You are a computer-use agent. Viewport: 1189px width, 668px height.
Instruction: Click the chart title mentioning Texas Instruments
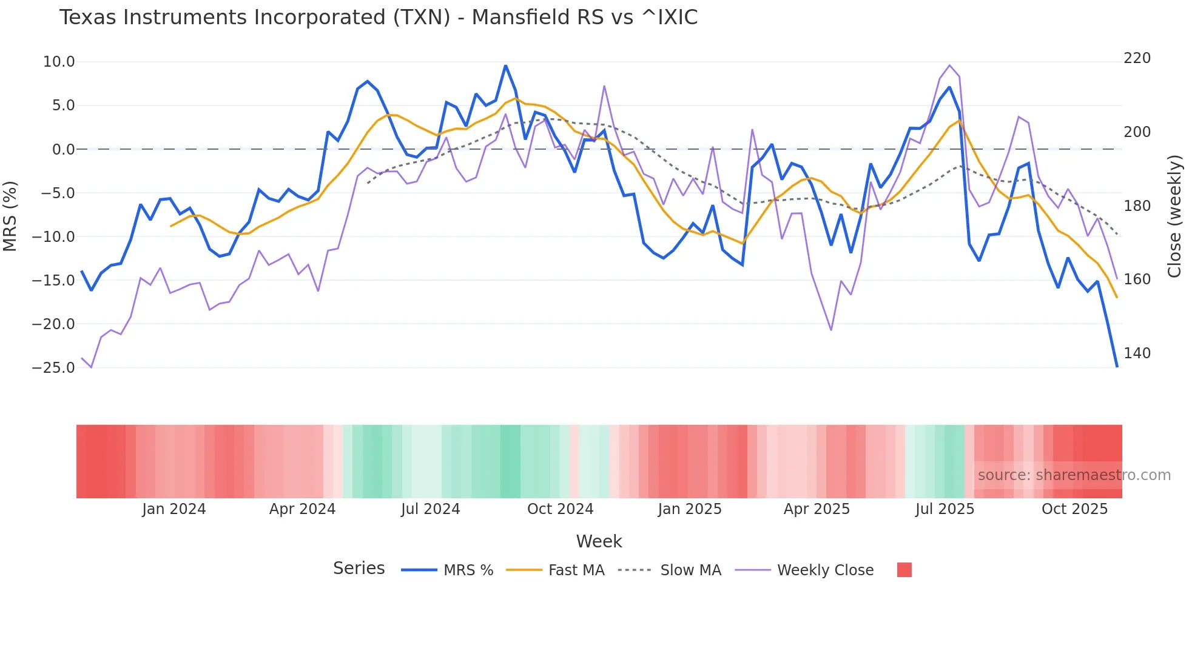[378, 18]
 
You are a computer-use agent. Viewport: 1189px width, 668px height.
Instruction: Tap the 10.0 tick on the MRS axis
[59, 62]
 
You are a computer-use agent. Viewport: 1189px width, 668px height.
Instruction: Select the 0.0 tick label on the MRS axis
[63, 150]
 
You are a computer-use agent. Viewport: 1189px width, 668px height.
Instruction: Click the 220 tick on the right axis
[1137, 58]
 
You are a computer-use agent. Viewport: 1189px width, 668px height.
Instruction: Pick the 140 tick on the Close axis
[1137, 353]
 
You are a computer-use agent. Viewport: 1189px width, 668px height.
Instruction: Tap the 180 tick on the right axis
[1137, 206]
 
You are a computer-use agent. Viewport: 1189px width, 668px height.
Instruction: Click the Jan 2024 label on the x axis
[174, 509]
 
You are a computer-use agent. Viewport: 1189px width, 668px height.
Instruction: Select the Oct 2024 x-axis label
[560, 509]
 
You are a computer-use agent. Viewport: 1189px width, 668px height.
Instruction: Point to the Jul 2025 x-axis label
[945, 509]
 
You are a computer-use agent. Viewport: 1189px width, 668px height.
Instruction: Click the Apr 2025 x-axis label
[817, 509]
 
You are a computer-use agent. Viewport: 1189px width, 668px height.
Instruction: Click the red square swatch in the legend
[904, 570]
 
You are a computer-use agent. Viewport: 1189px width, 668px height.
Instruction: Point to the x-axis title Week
[599, 541]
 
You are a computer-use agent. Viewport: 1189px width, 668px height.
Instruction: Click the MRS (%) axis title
[10, 216]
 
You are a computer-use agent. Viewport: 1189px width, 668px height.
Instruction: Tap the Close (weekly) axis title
[1175, 216]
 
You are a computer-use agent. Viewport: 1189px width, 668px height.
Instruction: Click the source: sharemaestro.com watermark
[1074, 475]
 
